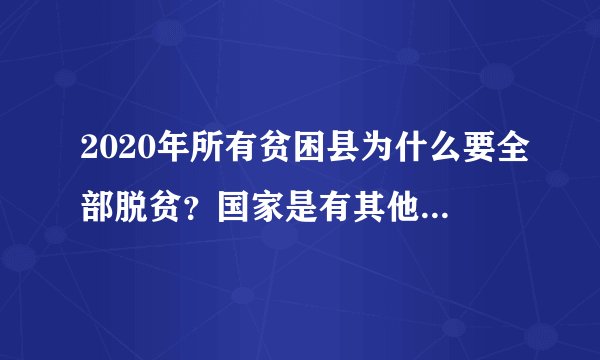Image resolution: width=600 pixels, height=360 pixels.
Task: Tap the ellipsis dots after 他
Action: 451,213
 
